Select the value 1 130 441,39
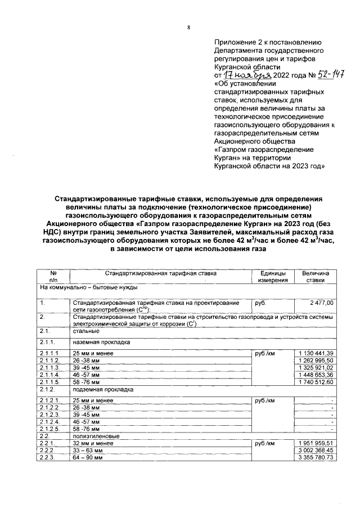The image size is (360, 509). (x=315, y=353)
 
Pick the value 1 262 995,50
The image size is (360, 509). (x=315, y=360)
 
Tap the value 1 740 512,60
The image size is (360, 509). (x=315, y=382)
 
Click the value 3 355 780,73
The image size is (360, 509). (x=315, y=457)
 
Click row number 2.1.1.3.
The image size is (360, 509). (x=49, y=367)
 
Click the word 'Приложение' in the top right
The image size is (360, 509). (x=235, y=42)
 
